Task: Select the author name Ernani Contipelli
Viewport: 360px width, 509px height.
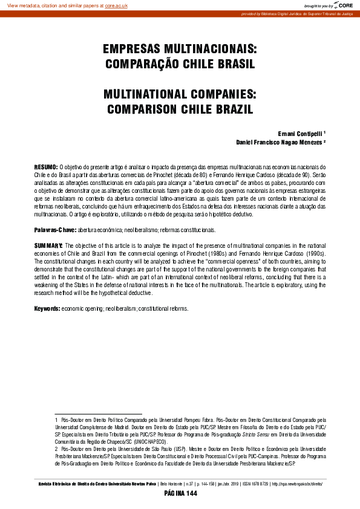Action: [x=299, y=132]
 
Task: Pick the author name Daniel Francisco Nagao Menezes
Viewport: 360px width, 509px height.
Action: [x=279, y=143]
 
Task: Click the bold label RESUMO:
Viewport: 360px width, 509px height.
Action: [x=45, y=166]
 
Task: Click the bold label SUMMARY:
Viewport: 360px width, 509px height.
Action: [x=48, y=246]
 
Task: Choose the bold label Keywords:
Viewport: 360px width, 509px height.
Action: [x=47, y=309]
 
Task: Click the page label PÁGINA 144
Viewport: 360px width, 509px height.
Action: [x=180, y=494]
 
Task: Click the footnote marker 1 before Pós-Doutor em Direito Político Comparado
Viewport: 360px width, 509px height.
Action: [x=56, y=419]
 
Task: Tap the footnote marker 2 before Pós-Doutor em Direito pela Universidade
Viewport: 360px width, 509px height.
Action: [x=56, y=450]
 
